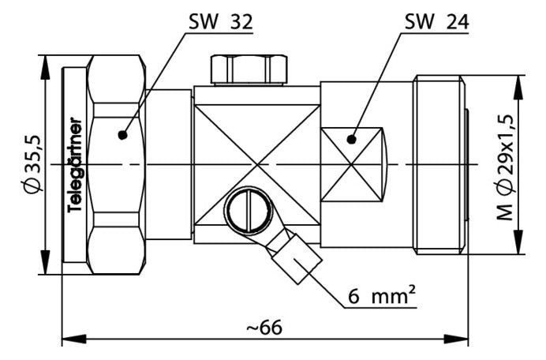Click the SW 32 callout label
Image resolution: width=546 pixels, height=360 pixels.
click(220, 22)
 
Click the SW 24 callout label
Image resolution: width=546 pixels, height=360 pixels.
click(436, 22)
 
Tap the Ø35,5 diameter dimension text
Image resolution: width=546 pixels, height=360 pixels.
click(34, 163)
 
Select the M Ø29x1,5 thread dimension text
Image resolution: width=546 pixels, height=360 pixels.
click(505, 167)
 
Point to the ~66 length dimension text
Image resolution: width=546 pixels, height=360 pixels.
click(264, 328)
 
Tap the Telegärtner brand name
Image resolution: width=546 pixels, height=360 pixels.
click(75, 165)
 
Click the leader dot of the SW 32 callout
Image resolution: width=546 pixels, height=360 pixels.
click(122, 134)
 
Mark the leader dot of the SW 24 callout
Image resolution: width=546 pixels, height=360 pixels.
click(352, 140)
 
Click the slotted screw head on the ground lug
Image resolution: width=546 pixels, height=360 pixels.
click(249, 211)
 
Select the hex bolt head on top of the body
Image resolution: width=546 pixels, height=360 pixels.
click(249, 69)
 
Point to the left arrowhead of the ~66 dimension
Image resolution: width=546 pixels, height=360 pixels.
click(74, 339)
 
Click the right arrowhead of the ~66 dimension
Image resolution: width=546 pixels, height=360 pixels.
click(456, 339)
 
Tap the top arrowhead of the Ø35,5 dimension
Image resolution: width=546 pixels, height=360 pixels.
click(45, 67)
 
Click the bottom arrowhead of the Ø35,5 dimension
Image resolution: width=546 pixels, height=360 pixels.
click(45, 262)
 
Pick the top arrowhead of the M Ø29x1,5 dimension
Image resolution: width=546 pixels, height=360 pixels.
click(519, 88)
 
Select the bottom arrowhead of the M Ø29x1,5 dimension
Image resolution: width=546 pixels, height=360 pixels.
click(519, 242)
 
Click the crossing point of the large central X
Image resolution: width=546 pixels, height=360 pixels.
click(257, 164)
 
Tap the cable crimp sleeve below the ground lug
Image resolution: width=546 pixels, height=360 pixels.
click(297, 259)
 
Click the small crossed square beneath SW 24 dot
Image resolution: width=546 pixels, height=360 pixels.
click(351, 164)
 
